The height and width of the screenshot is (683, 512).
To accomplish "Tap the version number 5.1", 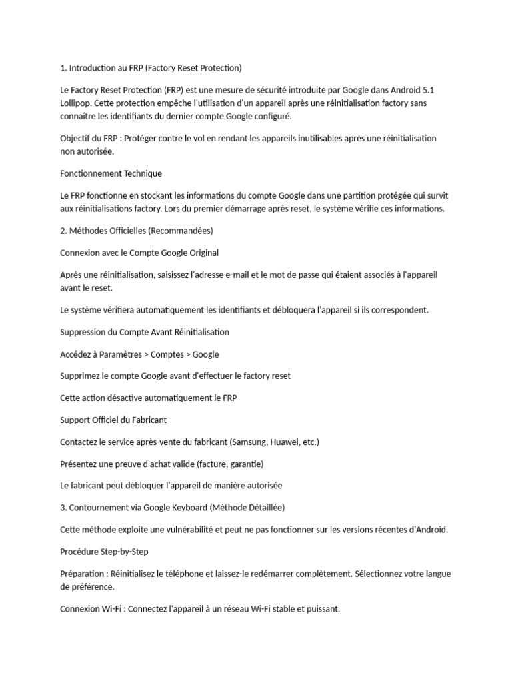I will tap(428, 90).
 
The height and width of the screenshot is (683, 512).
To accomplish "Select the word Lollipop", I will tap(75, 103).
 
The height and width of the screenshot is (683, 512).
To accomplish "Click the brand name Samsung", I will tap(251, 442).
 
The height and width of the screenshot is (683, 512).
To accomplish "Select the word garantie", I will tap(246, 464).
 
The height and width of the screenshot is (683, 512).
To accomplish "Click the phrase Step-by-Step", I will tap(126, 552).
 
